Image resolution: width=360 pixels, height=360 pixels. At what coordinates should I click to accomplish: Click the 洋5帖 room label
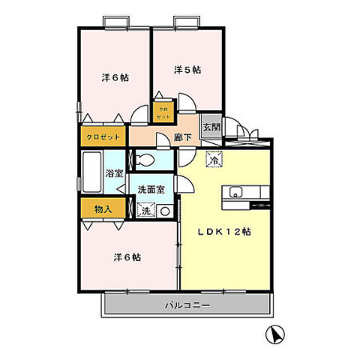(187, 70)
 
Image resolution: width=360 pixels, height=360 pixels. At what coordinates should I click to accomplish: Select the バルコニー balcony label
(187, 305)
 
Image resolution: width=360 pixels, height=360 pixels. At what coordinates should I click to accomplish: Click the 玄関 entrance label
(211, 127)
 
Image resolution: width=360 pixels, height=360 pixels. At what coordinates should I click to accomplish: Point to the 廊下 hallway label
(181, 138)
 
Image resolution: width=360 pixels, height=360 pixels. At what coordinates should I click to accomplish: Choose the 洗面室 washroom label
(153, 190)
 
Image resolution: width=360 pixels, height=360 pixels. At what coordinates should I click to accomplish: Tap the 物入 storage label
(103, 208)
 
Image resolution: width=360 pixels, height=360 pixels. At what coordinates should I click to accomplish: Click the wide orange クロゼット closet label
(103, 138)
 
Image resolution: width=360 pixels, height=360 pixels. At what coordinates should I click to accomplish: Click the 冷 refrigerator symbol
(214, 160)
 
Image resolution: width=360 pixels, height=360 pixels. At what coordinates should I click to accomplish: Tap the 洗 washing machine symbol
(147, 211)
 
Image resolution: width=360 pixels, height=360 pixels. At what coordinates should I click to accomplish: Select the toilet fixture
(146, 159)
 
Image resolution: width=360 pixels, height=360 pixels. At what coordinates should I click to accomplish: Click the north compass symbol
(275, 334)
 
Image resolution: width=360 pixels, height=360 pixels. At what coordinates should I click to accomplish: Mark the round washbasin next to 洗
(164, 211)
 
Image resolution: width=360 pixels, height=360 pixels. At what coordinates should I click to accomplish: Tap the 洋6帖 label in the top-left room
(114, 77)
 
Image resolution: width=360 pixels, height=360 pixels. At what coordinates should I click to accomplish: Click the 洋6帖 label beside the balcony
(127, 257)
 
